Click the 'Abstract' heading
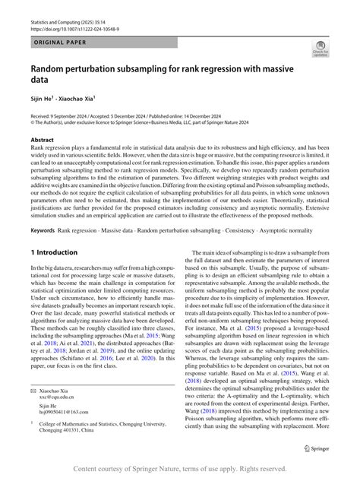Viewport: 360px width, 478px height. [x=43, y=140]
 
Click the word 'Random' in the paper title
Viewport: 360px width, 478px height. [x=52, y=66]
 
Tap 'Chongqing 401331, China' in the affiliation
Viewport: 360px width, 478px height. [x=77, y=433]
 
